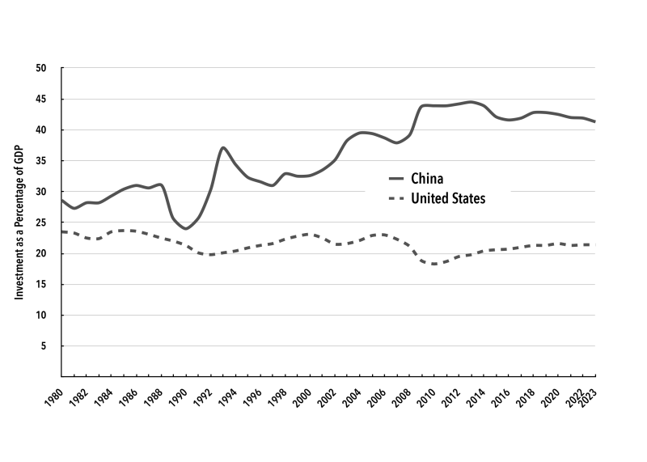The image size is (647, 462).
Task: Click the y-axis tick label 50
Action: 41,68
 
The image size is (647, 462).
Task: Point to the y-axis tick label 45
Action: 41,99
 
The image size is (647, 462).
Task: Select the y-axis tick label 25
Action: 41,223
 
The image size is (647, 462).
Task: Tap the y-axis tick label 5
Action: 44,346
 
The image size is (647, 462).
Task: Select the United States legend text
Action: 450,198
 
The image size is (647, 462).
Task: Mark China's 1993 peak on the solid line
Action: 223,147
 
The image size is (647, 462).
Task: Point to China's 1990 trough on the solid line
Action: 186,228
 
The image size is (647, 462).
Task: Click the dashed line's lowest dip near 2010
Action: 436,264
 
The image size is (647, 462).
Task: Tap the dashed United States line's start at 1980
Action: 61,231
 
